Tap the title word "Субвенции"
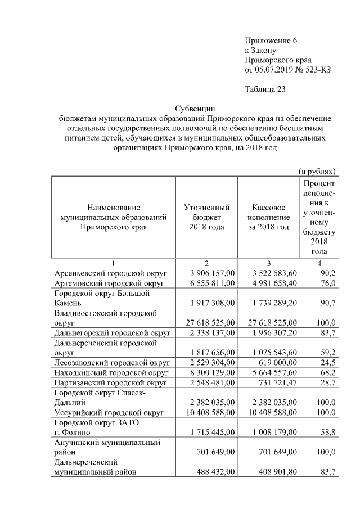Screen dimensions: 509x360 195,109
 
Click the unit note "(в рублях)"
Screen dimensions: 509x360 317,171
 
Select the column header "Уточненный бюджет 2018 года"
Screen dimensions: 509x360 207,218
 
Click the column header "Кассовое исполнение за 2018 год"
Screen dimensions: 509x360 269,218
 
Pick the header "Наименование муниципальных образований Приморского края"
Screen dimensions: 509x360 114,218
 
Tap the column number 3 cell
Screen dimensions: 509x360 269,263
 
